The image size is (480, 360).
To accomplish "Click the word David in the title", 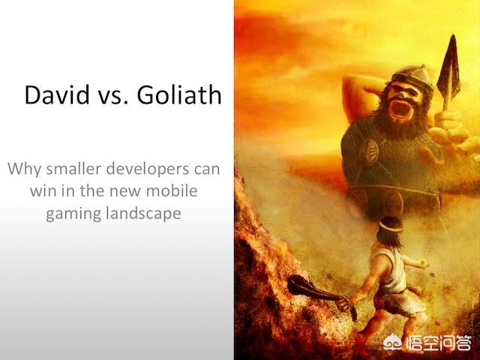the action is (57, 94).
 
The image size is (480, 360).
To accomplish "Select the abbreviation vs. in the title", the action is (113, 97).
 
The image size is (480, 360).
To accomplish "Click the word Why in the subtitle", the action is (24, 169).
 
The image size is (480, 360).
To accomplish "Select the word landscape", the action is (143, 214).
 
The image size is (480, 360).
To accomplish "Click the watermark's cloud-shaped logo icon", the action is (394, 342).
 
